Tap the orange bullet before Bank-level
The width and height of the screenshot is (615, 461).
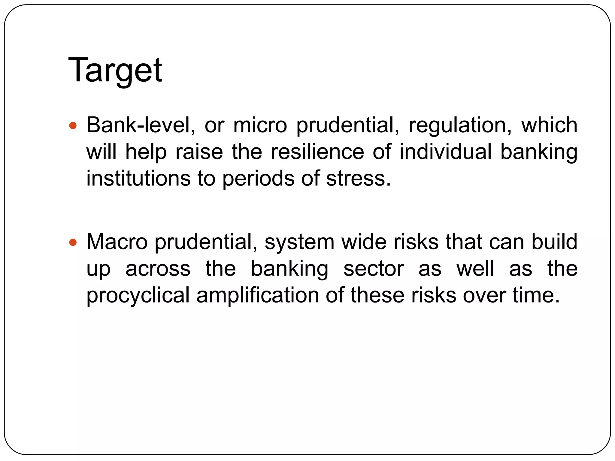point(73,125)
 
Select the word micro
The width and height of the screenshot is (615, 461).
point(260,125)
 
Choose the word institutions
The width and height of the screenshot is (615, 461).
point(138,178)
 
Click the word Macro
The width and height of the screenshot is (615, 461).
point(117,242)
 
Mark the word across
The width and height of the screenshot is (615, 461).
point(158,269)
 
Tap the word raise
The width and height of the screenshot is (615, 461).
point(199,152)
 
